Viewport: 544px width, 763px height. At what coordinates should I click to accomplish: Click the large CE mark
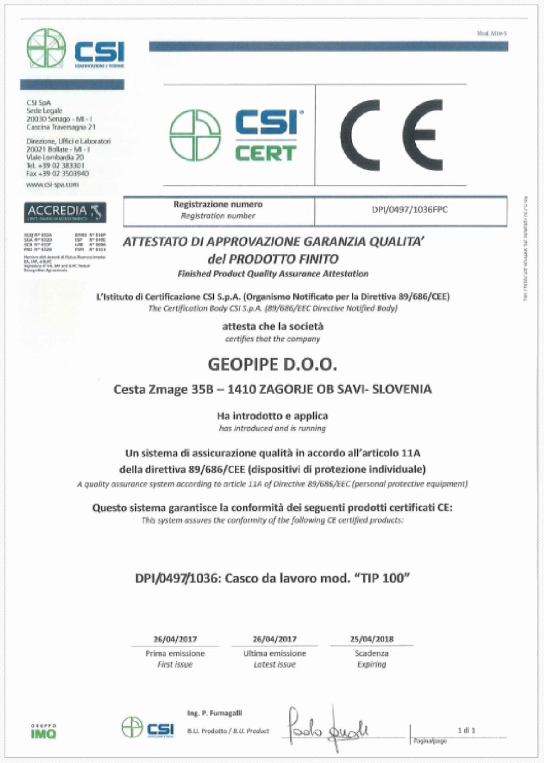pos(391,135)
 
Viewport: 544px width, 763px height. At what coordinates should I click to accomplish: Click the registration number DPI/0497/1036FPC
pos(410,210)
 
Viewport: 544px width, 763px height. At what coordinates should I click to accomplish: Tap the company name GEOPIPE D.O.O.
pos(272,365)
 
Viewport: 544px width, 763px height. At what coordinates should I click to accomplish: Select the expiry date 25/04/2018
pos(372,639)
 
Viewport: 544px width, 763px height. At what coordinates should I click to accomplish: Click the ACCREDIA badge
pos(64,212)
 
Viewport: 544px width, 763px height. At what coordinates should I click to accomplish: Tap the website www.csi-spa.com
pos(53,185)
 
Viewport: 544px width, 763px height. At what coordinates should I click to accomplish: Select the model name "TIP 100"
pos(382,578)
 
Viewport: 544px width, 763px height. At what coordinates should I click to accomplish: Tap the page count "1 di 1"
pos(466,731)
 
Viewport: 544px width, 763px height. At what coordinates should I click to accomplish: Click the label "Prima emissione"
pos(175,653)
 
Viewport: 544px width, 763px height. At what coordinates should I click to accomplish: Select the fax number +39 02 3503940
pos(58,174)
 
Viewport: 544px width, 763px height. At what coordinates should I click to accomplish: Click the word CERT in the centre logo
pos(266,153)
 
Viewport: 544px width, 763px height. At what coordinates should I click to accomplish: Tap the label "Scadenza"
pos(371,653)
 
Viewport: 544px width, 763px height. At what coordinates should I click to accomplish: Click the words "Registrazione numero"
pos(218,204)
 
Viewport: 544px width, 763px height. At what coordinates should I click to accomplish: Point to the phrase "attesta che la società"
pos(272,326)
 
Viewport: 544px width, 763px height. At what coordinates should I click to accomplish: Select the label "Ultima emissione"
pos(274,653)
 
